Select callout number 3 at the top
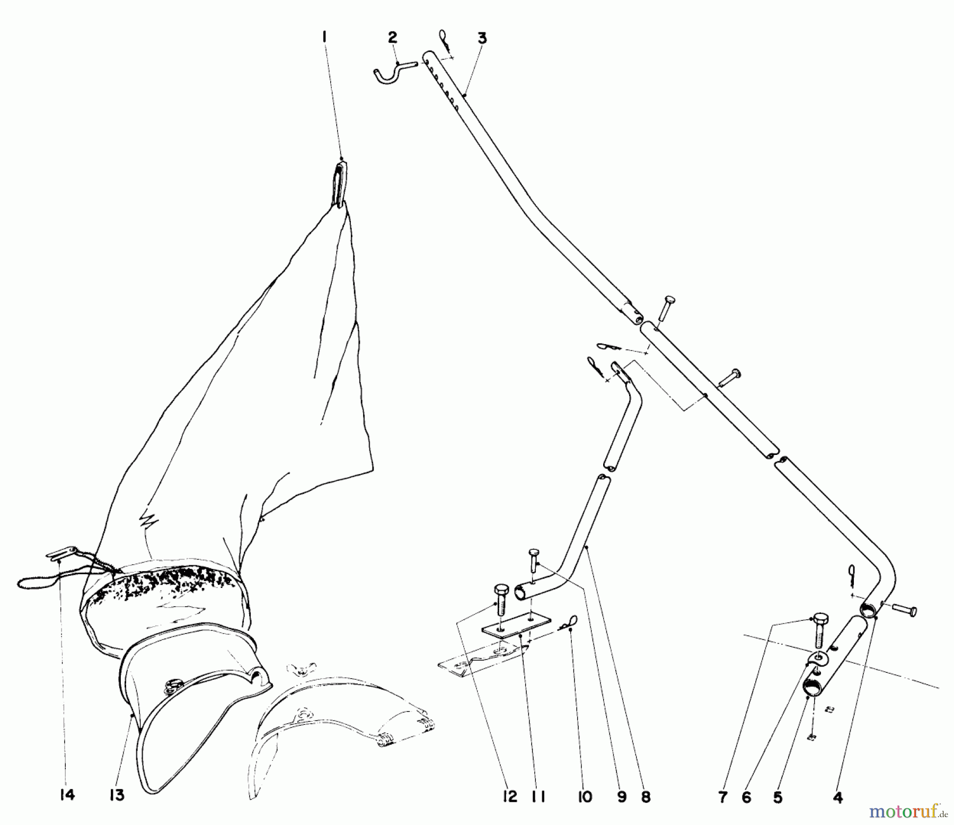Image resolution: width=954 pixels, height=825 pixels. (481, 38)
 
